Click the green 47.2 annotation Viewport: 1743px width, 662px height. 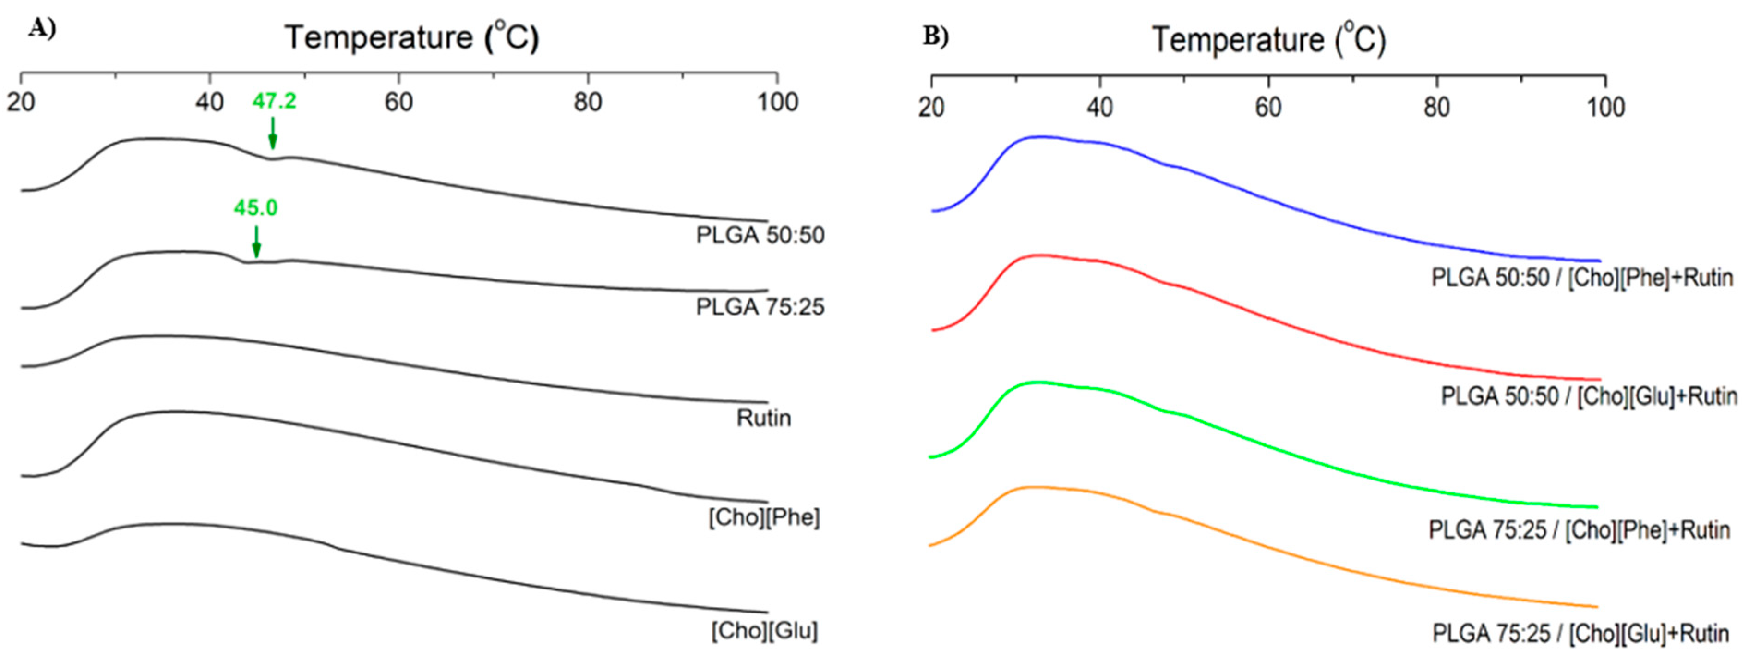coord(274,101)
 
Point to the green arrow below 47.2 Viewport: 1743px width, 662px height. coord(273,134)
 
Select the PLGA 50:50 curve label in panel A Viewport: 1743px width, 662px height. coord(760,235)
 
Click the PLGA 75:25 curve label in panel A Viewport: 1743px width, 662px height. coord(760,307)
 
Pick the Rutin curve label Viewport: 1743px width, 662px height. coord(763,418)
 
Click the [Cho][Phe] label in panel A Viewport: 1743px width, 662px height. coord(764,518)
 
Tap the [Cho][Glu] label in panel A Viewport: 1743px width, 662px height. coord(764,631)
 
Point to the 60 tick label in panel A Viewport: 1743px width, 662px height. coord(398,102)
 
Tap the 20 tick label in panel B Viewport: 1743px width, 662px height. coord(932,108)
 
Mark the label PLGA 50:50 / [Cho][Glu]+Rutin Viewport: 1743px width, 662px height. coord(1588,396)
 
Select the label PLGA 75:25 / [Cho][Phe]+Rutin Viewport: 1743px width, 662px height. coord(1579,529)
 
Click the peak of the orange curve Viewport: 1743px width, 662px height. coord(1032,487)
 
